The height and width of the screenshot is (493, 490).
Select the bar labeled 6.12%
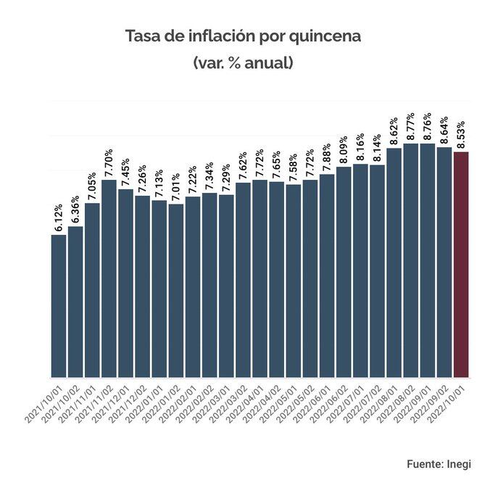tap(59, 305)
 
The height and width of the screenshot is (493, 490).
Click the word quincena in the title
tap(325, 36)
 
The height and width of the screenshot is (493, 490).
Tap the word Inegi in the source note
tap(457, 463)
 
